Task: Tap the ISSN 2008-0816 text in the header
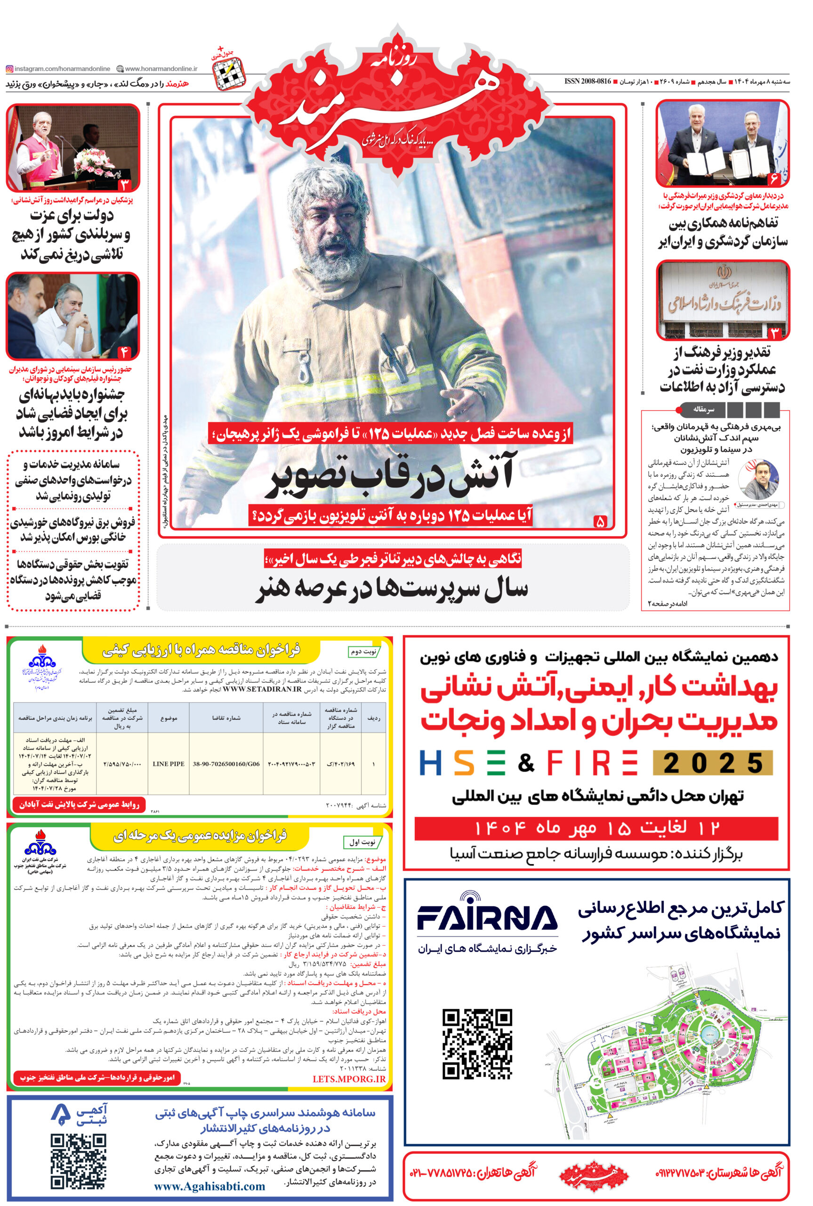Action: point(588,82)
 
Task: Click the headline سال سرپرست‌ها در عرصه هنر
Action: point(392,590)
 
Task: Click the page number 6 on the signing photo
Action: point(774,179)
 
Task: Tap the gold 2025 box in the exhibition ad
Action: point(712,763)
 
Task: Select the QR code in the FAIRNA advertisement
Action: point(477,1044)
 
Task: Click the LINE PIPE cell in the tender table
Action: point(169,764)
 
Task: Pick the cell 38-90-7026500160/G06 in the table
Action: point(226,764)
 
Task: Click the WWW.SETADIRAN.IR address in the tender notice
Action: point(262,689)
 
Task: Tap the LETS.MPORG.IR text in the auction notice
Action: point(349,1078)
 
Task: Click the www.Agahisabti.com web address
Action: point(209,1186)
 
